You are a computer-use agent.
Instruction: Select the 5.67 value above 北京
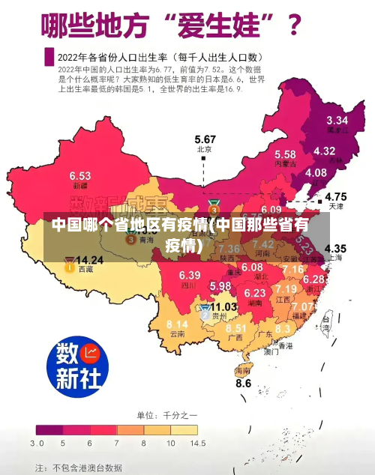click(205, 139)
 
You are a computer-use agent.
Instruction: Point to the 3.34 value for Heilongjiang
click(337, 120)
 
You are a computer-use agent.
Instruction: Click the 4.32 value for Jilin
click(324, 151)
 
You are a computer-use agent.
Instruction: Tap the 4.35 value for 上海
click(335, 248)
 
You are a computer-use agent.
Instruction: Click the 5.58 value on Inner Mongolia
click(284, 154)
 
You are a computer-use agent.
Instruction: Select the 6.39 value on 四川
click(190, 276)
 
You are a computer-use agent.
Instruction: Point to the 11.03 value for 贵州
click(223, 306)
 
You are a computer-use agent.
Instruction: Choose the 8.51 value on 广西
click(236, 328)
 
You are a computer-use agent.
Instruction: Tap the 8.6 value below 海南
click(244, 383)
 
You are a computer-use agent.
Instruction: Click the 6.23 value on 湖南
click(255, 292)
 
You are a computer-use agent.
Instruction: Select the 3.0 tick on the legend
click(37, 444)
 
